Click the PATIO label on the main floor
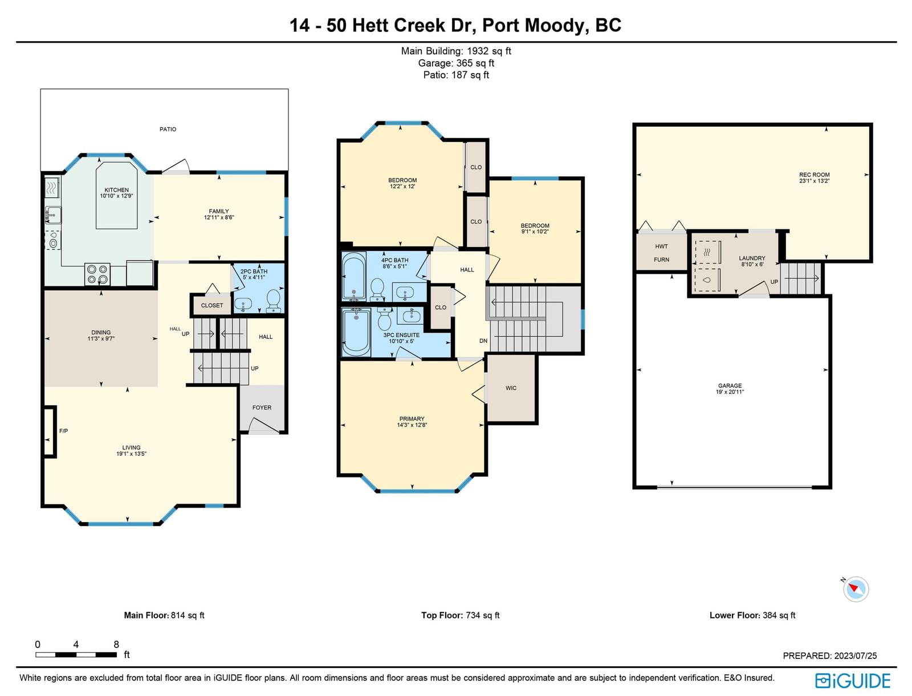(168, 130)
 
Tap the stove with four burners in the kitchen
(97, 274)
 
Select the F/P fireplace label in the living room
(64, 431)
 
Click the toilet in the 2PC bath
(274, 301)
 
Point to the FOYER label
(262, 407)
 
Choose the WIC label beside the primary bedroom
(511, 388)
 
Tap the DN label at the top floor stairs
(483, 341)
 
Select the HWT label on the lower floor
(661, 246)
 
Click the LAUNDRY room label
(752, 258)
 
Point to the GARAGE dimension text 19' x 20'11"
(730, 392)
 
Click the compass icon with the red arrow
(856, 589)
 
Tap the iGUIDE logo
(853, 681)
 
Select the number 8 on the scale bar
(116, 645)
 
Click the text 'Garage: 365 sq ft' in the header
(456, 63)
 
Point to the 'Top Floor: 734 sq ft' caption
(461, 616)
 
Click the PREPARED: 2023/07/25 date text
(830, 655)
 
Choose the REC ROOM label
(815, 175)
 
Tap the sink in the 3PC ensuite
(410, 315)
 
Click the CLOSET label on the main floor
(212, 305)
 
